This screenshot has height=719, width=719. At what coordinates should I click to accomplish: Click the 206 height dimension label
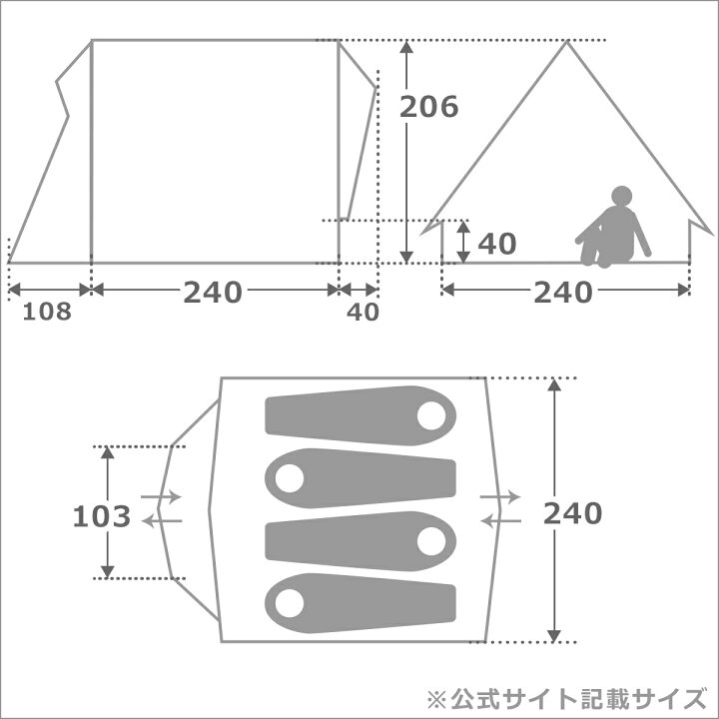click(x=428, y=107)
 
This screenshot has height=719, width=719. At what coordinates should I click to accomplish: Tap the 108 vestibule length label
click(x=47, y=312)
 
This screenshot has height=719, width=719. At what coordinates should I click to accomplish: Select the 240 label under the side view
click(x=213, y=292)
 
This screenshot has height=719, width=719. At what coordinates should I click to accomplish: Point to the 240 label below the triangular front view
click(x=563, y=292)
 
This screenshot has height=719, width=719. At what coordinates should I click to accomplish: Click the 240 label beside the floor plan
click(x=573, y=513)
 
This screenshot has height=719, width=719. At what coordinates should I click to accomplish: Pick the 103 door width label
click(x=102, y=517)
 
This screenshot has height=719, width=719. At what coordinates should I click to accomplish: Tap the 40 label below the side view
click(x=362, y=313)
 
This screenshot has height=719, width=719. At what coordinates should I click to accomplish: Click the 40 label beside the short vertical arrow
click(x=497, y=244)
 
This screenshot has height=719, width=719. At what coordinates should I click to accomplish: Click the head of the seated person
click(x=621, y=196)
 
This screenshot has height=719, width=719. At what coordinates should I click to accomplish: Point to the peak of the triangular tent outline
click(x=567, y=41)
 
